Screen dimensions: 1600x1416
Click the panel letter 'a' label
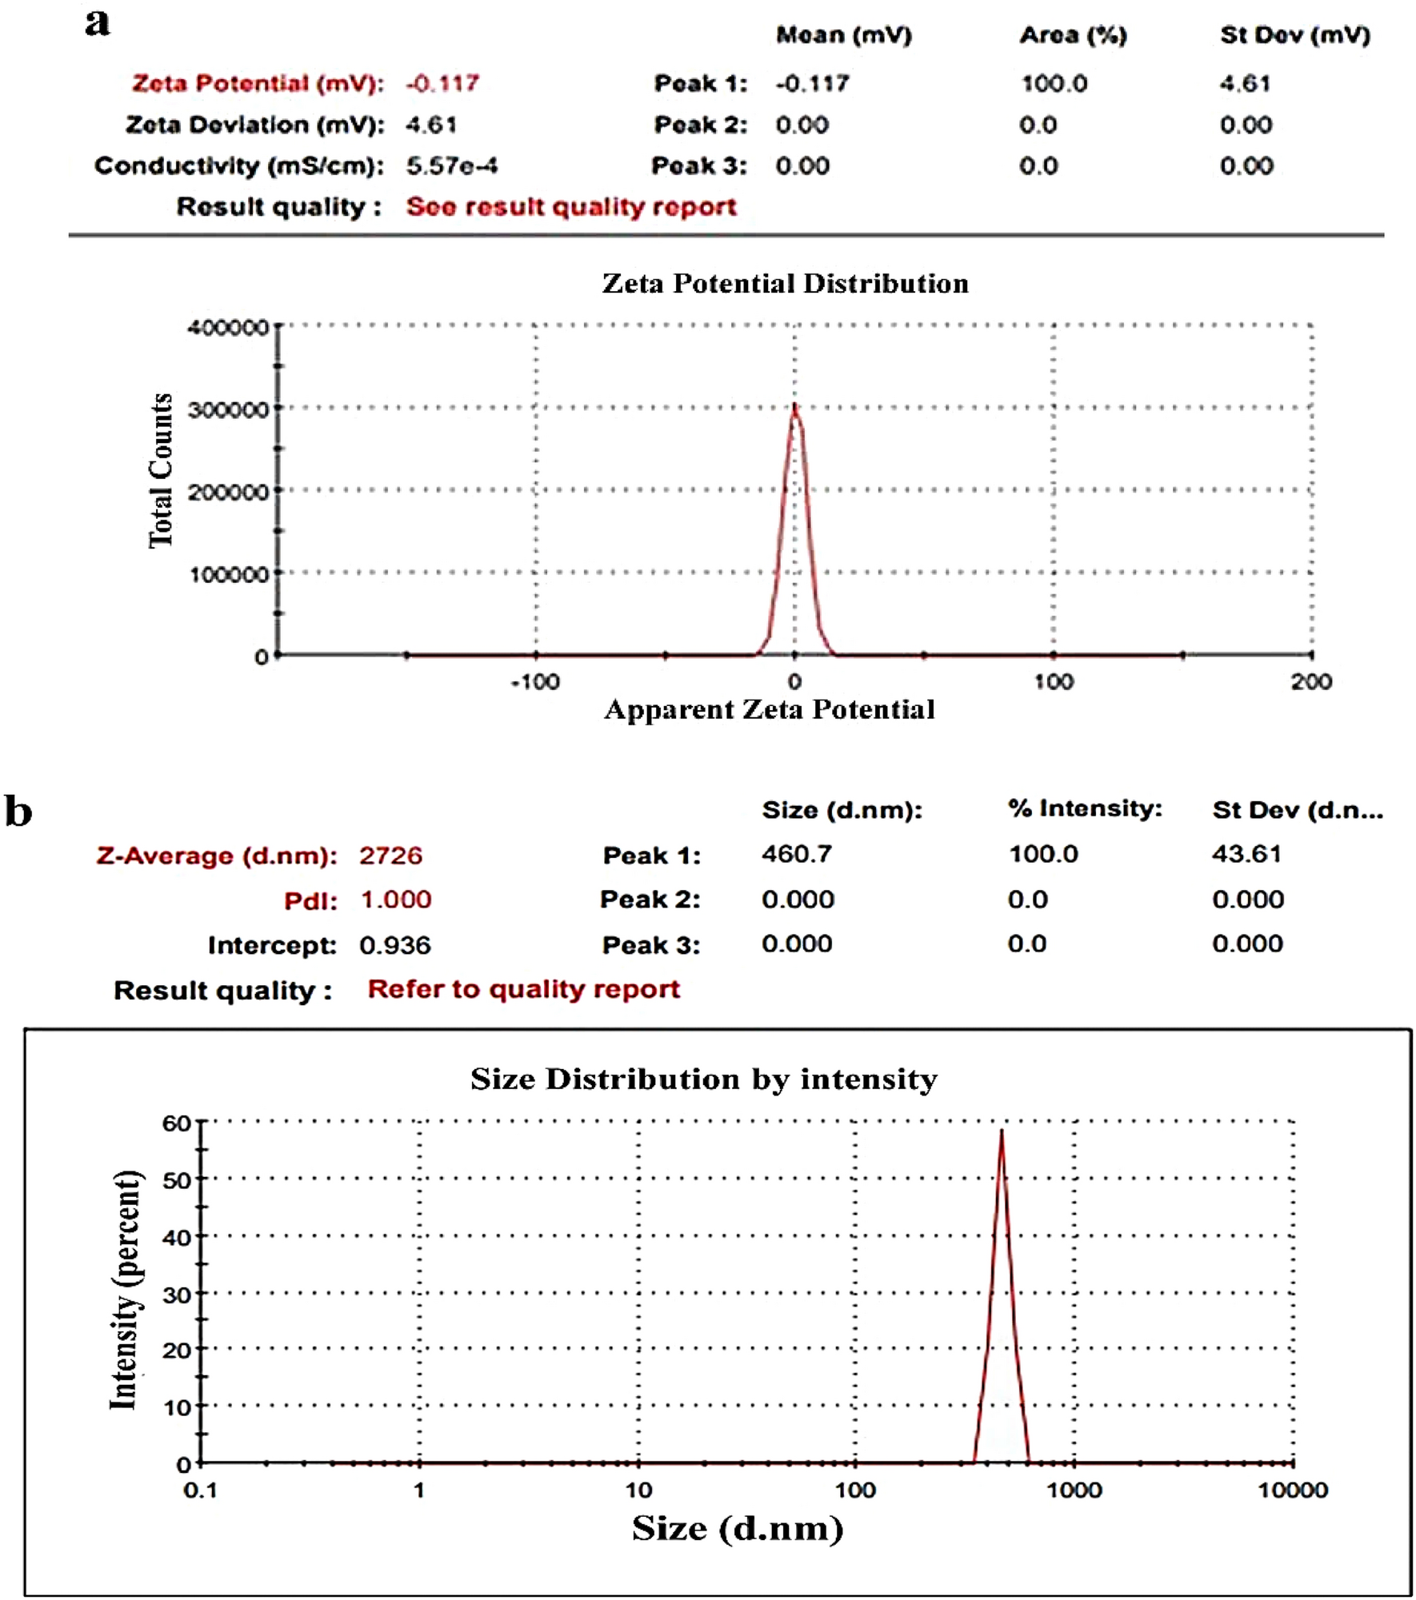97,23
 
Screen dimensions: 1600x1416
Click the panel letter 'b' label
18,811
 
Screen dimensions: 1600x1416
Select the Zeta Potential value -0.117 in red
442,83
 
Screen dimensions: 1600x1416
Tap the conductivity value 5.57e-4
451,166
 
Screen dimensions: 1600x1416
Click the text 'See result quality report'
570,206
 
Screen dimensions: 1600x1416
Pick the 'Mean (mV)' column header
843,35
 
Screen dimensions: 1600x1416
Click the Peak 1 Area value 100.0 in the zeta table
1054,83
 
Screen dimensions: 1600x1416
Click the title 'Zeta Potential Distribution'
785,283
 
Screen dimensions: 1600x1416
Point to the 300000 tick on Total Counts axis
228,409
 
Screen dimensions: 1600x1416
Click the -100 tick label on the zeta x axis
535,682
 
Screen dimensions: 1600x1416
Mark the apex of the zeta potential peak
794,406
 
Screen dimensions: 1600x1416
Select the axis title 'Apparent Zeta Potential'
769,709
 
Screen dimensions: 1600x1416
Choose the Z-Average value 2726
390,856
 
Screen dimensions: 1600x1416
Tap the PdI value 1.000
396,900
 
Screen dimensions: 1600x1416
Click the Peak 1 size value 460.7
796,854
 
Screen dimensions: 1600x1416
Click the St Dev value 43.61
1246,854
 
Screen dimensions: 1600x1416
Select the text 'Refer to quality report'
523,989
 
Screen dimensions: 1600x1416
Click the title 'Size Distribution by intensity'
703,1079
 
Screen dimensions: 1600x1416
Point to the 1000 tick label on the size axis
1074,1490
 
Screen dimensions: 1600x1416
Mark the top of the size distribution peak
1001,1131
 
